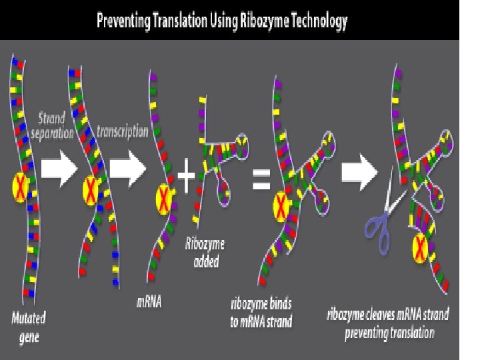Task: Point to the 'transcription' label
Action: [x=122, y=131]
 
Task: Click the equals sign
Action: [x=261, y=178]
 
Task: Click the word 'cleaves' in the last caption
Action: [x=390, y=314]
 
